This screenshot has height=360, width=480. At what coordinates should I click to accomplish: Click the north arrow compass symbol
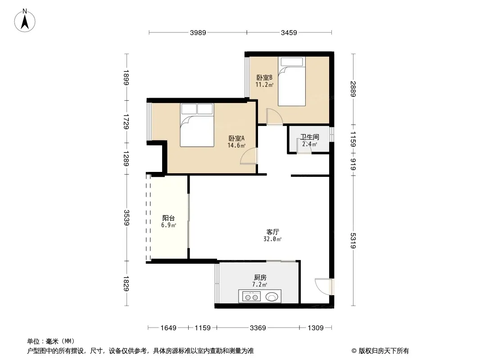click(25, 21)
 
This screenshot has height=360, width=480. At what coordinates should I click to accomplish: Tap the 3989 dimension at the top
click(198, 33)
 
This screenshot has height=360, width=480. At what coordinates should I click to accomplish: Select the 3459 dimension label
click(289, 33)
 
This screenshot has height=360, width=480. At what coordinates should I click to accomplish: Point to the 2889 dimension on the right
click(353, 89)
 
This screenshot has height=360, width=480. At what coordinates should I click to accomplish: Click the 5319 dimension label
click(353, 241)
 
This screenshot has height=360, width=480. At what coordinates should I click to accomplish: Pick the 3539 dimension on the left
click(127, 217)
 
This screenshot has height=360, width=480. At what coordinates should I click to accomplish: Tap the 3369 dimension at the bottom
click(258, 328)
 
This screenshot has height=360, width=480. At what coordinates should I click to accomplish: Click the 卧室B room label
click(264, 78)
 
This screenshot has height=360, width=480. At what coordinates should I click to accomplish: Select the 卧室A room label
click(236, 138)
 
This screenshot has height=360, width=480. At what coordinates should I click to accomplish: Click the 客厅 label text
click(272, 232)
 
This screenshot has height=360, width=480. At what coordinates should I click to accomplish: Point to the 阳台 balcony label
click(168, 218)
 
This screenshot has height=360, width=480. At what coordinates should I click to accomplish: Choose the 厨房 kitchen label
click(260, 277)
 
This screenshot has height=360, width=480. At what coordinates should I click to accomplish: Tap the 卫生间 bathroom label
click(309, 137)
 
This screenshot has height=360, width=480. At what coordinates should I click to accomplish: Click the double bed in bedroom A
click(197, 125)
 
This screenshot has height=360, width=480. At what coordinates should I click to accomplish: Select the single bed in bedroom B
click(292, 81)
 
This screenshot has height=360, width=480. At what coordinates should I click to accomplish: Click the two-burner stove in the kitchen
click(251, 297)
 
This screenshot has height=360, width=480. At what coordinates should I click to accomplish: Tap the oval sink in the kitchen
click(272, 297)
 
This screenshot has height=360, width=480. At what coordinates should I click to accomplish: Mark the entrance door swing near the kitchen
click(323, 287)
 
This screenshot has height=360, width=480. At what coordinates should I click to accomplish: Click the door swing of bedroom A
click(249, 156)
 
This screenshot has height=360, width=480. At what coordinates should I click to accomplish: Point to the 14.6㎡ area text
click(236, 146)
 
